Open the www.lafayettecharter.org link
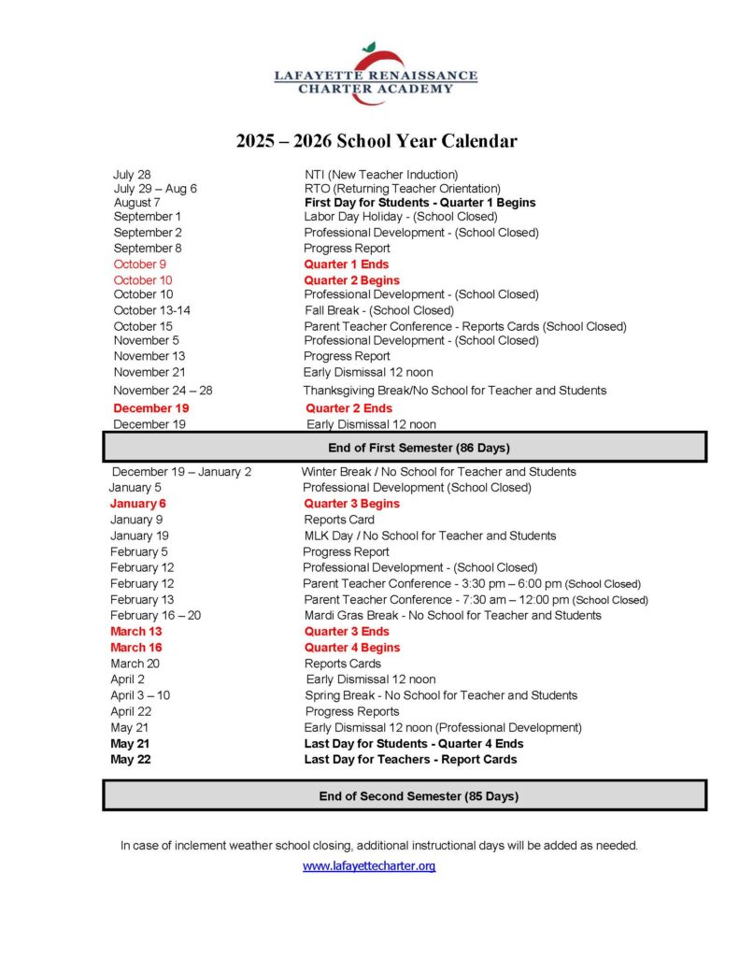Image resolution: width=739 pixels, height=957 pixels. click(369, 866)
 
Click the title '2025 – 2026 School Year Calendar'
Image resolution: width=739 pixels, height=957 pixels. click(376, 141)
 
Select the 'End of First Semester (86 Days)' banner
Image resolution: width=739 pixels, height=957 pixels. click(405, 448)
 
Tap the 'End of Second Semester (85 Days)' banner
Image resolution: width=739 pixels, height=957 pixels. click(405, 796)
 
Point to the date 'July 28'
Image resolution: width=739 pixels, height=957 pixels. click(132, 175)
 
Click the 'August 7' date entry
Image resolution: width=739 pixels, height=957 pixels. click(136, 203)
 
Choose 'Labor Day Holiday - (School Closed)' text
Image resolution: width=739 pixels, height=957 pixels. click(401, 217)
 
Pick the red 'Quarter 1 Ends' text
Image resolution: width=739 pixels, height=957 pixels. click(347, 264)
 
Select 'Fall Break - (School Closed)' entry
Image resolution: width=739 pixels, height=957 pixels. click(379, 310)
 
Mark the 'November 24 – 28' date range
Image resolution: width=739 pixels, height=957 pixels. click(163, 391)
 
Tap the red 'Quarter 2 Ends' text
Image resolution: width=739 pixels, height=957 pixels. click(348, 408)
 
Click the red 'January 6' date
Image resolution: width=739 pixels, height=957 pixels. click(137, 504)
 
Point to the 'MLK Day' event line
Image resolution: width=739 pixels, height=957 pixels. click(430, 536)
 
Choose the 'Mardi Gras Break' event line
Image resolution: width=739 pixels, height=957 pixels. click(452, 615)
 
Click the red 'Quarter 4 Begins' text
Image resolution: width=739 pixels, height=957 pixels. click(351, 648)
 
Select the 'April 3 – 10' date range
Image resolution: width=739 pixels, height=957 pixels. click(140, 695)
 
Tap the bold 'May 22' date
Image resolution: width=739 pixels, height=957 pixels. click(130, 760)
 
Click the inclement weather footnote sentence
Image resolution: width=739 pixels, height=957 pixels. click(378, 845)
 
